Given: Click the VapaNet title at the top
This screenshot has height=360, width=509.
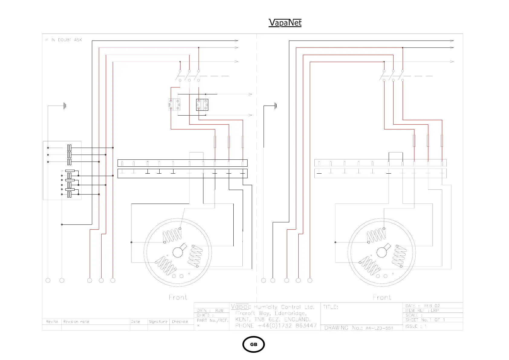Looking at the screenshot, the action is pos(285,23).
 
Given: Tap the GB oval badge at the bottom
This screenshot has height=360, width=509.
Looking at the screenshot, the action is pos(254,344).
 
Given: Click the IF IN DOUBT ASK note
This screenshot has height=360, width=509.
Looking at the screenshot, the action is pos(63,40).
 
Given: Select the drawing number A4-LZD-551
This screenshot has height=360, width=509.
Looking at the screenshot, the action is pos(379,328).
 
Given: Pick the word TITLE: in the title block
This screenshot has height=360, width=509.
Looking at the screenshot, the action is pos(331,307).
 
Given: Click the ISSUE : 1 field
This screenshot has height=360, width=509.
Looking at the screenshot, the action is pos(416,326).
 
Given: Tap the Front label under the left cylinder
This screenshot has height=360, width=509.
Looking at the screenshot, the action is pos(178,297).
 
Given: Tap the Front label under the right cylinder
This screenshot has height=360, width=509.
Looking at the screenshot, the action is pos(382,297).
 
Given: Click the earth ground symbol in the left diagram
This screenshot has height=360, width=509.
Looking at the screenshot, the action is pos(65,106).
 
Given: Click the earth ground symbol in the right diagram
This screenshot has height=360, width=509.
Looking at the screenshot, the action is pos(275,106).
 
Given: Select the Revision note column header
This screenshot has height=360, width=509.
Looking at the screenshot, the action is pos(76,322).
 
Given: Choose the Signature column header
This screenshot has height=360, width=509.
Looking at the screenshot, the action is pos(158,322).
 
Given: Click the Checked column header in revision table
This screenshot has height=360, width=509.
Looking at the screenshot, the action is pos(180,322).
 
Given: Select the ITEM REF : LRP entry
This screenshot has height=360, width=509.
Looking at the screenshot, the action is pos(422,310).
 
